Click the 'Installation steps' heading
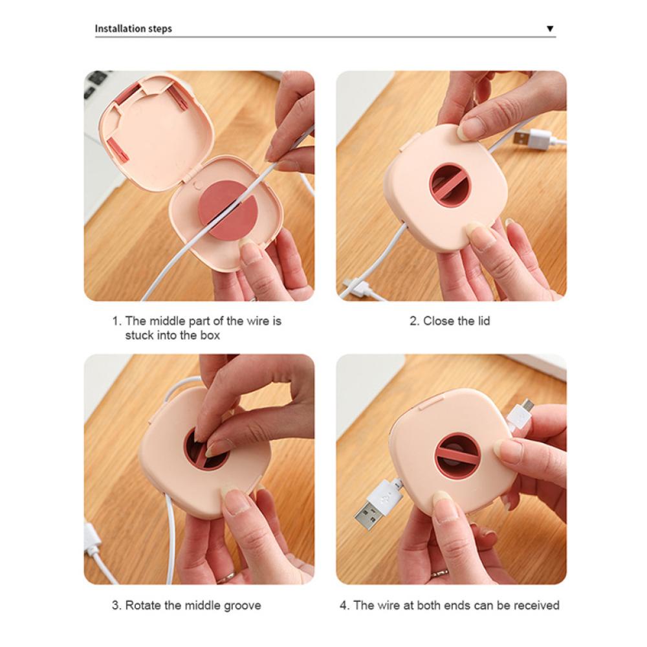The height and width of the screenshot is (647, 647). click(133, 28)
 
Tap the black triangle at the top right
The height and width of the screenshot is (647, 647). click(549, 28)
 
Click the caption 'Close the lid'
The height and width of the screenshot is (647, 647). click(456, 321)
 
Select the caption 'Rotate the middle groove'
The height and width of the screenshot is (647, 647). click(193, 606)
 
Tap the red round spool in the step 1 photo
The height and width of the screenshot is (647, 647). click(228, 208)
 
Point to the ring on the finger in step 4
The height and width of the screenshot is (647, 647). click(439, 573)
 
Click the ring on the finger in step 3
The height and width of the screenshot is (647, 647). click(226, 576)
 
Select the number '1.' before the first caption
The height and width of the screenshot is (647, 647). click(116, 321)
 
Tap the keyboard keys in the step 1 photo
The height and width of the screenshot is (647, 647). click(96, 83)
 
